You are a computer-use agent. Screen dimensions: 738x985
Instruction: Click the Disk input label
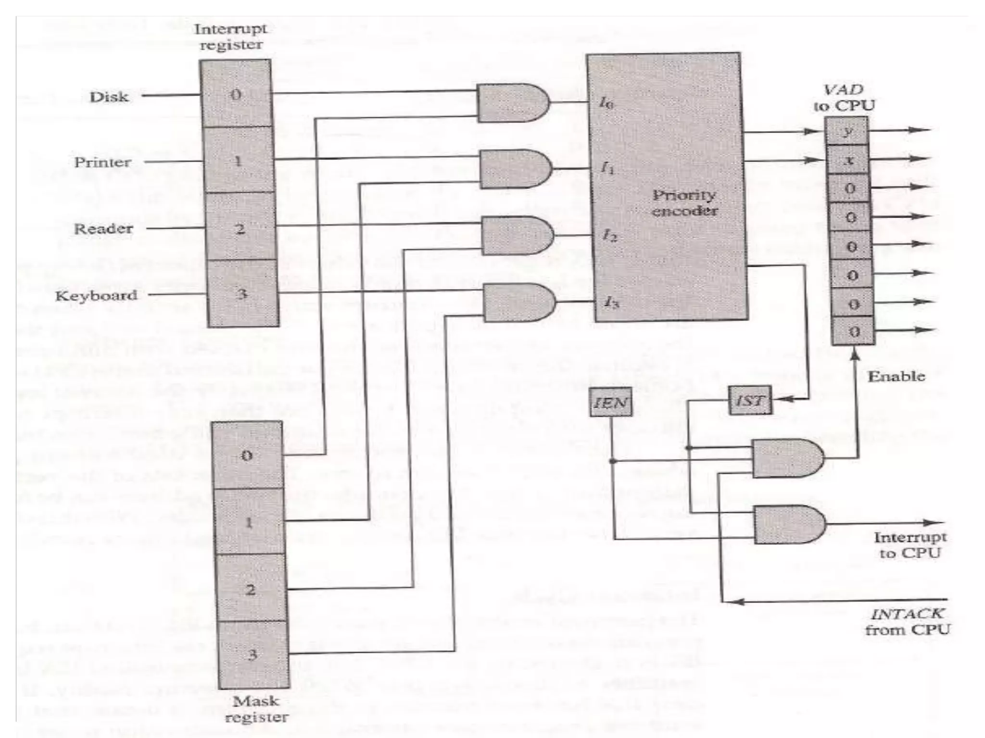(x=109, y=97)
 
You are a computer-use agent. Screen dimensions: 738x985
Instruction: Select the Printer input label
(x=102, y=162)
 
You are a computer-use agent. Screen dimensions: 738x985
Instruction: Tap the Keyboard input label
(x=96, y=295)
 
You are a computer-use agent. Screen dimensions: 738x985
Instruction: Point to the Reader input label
(x=103, y=229)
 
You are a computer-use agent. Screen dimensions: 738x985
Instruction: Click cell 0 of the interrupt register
(x=236, y=94)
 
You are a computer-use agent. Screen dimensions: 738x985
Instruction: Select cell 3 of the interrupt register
(x=242, y=294)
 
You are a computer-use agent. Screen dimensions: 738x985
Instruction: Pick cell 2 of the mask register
(x=251, y=589)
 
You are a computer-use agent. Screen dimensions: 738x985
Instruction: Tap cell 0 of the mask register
(x=247, y=455)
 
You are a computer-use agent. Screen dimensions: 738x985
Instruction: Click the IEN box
(x=610, y=402)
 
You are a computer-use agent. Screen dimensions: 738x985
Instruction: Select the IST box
(x=750, y=400)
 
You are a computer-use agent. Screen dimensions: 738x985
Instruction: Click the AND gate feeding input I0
(x=513, y=102)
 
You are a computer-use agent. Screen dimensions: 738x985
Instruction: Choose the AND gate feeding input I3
(x=519, y=302)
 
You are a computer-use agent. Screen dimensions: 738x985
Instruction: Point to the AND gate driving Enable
(x=787, y=458)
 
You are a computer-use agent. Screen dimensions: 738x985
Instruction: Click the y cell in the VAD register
(x=847, y=131)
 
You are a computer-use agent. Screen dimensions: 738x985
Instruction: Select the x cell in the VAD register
(x=848, y=160)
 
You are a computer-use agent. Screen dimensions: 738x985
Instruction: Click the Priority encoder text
(x=684, y=203)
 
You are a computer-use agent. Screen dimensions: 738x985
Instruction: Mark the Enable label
(x=896, y=376)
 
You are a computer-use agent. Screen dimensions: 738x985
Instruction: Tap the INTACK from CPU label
(x=908, y=621)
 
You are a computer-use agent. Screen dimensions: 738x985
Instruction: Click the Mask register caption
(x=256, y=709)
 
